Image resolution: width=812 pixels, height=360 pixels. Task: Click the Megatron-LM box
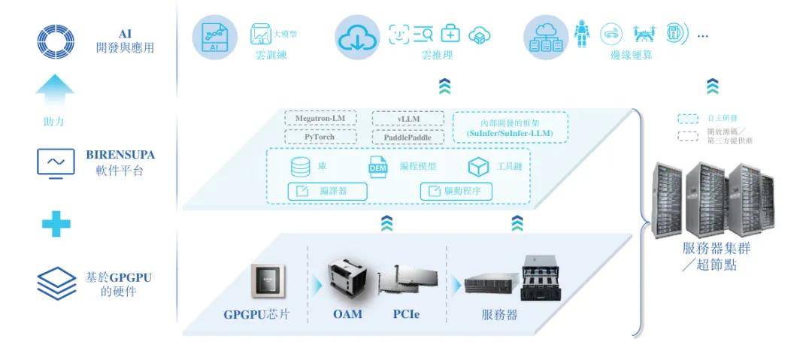click(320, 119)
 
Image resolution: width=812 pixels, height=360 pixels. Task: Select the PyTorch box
click(320, 137)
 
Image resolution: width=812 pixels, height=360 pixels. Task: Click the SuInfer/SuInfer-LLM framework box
click(510, 127)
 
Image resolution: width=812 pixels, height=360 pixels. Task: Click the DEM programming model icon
click(377, 168)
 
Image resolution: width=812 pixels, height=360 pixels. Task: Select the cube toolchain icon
click(479, 167)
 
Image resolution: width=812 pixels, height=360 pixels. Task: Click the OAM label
click(347, 314)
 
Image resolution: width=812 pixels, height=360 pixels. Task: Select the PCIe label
click(405, 314)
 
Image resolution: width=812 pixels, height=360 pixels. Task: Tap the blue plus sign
click(55, 223)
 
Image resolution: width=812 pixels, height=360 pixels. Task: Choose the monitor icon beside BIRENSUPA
click(55, 162)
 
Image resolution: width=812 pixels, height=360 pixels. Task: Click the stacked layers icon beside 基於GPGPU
click(56, 284)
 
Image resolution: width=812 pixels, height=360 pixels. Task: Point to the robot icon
click(582, 34)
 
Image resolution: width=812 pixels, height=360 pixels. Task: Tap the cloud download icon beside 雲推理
click(358, 37)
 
